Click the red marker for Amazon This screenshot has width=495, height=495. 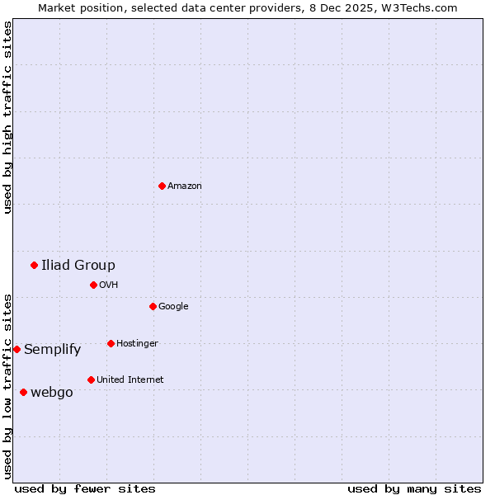(x=162, y=186)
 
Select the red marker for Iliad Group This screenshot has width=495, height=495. (x=34, y=265)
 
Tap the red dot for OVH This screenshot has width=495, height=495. (x=93, y=285)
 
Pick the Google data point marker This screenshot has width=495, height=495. (x=153, y=306)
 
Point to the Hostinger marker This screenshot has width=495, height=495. (x=111, y=343)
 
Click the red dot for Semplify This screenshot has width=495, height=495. (x=16, y=349)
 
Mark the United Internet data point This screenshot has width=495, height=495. (x=91, y=379)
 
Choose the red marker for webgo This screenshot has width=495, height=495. (x=23, y=392)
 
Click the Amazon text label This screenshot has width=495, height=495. (x=184, y=186)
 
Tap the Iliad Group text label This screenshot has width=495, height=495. (x=78, y=265)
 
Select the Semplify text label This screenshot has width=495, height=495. (x=52, y=350)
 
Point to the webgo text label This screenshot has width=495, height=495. (x=51, y=393)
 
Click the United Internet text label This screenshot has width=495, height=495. (x=130, y=380)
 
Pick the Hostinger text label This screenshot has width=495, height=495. (x=137, y=344)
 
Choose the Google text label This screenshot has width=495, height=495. (x=173, y=307)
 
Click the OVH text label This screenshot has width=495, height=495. (x=108, y=285)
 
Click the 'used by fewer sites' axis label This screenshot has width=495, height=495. (x=85, y=488)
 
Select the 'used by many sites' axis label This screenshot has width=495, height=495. (x=414, y=488)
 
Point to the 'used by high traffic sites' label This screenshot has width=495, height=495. (x=7, y=117)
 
